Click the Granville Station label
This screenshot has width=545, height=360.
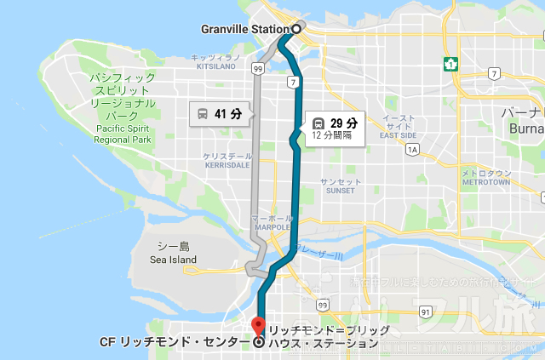coord(244,29)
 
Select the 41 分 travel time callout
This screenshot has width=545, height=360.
coord(221,113)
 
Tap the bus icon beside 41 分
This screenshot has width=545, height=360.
coord(203,113)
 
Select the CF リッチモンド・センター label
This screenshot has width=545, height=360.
coord(175,344)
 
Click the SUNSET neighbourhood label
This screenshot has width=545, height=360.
coord(340,191)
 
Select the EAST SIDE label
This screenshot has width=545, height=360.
coord(398,135)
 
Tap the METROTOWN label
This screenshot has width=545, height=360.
coord(485,182)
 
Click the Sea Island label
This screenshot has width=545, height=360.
coord(173,260)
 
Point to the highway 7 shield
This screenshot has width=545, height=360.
coord(291,83)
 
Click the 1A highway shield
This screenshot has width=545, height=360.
coord(413,150)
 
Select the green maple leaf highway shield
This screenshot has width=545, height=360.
coord(447,63)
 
